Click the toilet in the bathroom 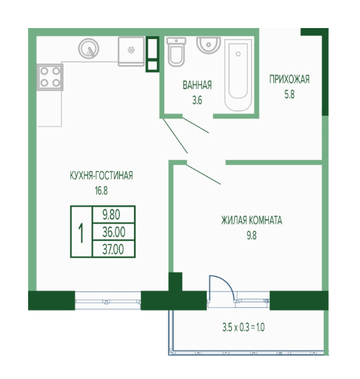click(177, 52)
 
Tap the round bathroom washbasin click(209, 45)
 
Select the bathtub click(238, 75)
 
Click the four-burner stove click(50, 77)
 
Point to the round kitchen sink click(89, 49)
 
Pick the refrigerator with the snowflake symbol click(131, 51)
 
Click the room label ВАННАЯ click(197, 85)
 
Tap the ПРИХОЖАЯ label click(290, 79)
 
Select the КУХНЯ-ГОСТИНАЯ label click(101, 175)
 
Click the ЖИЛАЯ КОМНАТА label click(251, 220)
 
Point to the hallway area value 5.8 click(290, 94)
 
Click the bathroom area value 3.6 click(197, 101)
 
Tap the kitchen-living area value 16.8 click(101, 191)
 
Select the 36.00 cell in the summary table click(114, 232)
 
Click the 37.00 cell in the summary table click(114, 249)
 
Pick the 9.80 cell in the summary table click(114, 215)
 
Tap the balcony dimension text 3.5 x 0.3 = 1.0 click(243, 327)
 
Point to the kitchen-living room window click(108, 301)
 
